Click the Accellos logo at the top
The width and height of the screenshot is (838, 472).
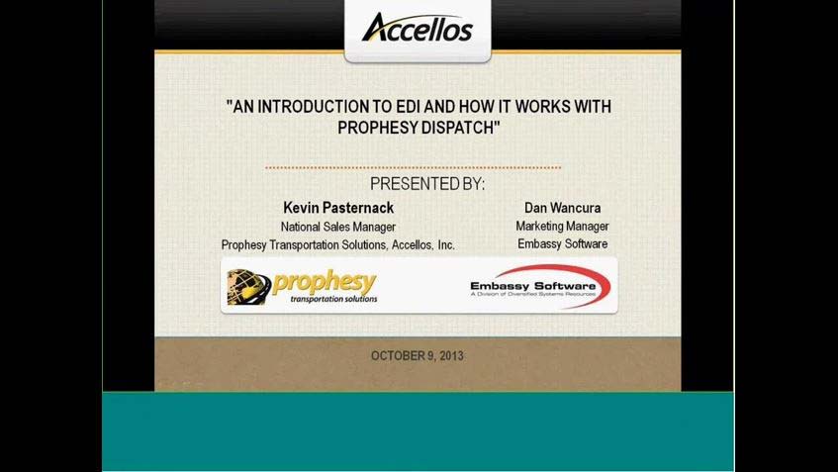pyautogui.click(x=417, y=28)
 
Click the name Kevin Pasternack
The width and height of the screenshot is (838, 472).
pyautogui.click(x=337, y=208)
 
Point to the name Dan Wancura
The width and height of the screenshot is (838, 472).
pyautogui.click(x=562, y=208)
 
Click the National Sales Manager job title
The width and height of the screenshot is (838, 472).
pyautogui.click(x=337, y=227)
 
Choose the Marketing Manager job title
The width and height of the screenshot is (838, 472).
pyautogui.click(x=562, y=227)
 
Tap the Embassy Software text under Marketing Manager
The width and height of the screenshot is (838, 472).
pyautogui.click(x=562, y=244)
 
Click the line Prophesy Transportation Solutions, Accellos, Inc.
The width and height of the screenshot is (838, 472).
pyautogui.click(x=337, y=245)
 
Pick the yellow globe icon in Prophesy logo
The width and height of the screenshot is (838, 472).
pyautogui.click(x=248, y=286)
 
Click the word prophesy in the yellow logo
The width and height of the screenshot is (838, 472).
pyautogui.click(x=324, y=281)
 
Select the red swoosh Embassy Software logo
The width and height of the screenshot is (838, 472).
pyautogui.click(x=540, y=286)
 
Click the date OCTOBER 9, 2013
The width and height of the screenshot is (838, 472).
pyautogui.click(x=417, y=355)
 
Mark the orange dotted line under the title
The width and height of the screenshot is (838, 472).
pyautogui.click(x=413, y=168)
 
